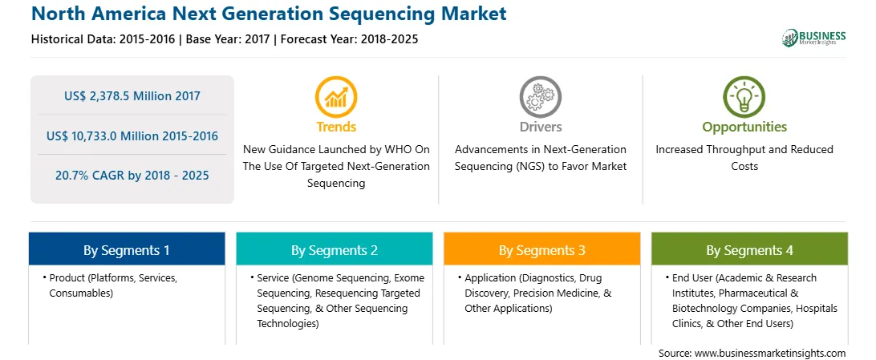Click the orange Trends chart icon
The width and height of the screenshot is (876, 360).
(x=336, y=96)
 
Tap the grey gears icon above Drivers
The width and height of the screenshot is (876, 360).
(x=540, y=96)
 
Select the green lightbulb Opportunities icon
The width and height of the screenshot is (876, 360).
(x=744, y=96)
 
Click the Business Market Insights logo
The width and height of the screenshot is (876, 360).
(x=814, y=38)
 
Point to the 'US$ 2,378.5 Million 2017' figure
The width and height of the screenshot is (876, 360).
(x=132, y=95)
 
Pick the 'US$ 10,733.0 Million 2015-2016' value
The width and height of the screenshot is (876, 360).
(x=132, y=136)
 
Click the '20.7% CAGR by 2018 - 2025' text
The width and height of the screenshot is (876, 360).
(x=132, y=176)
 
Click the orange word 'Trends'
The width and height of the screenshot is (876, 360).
(x=336, y=127)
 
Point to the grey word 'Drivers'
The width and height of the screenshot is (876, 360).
(x=540, y=127)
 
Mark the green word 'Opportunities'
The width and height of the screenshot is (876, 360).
(x=744, y=127)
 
